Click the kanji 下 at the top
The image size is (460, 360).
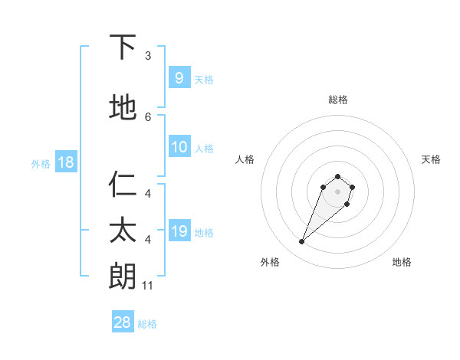[x=123, y=48]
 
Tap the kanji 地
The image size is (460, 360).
[x=123, y=108]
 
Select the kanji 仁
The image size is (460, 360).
[x=123, y=185]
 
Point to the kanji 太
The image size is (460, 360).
[x=123, y=231]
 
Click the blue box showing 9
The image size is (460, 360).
[x=179, y=78]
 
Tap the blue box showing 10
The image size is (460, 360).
[x=179, y=147]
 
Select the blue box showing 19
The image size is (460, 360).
[x=179, y=231]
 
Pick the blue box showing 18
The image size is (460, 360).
[x=65, y=162]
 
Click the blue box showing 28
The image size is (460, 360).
[x=123, y=322]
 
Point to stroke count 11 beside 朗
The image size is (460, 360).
[x=148, y=286]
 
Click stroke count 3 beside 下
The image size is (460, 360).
[x=148, y=56]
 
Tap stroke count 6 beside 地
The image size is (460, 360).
[x=148, y=116]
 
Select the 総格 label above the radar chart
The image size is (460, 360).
[x=337, y=100]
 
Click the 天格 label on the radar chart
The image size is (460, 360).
[x=431, y=159]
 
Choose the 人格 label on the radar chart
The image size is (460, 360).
[x=245, y=159]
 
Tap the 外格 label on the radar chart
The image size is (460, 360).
[x=270, y=262]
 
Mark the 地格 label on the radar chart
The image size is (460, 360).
[x=402, y=262]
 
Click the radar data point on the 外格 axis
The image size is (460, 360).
[x=302, y=242]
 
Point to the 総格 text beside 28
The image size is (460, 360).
[x=147, y=324]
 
